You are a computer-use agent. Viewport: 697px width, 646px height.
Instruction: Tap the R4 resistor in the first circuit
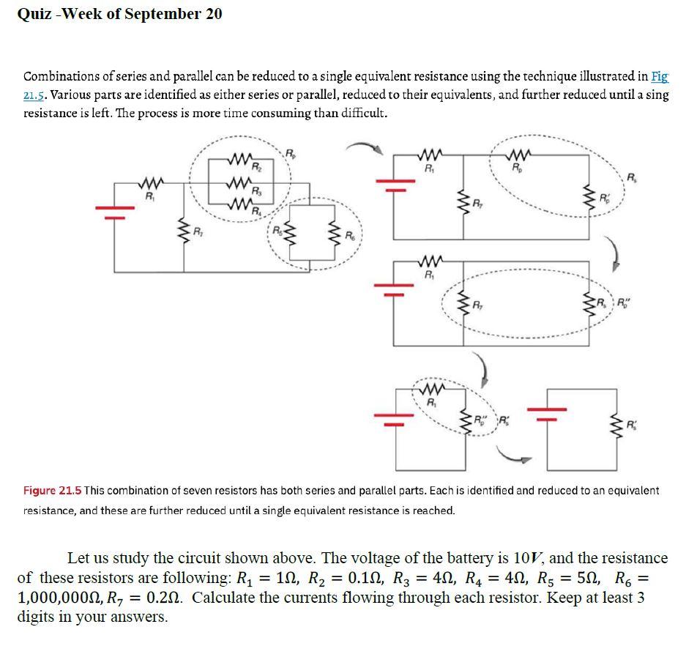click(240, 202)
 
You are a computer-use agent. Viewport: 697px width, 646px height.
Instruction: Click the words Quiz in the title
click(34, 14)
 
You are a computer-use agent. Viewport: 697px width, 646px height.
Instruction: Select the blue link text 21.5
click(36, 95)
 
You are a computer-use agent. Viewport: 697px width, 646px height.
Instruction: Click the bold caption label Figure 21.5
click(52, 490)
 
